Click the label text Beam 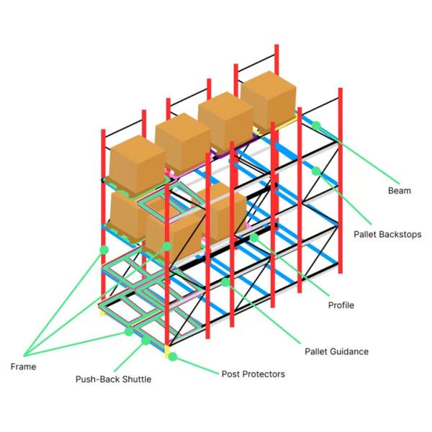399,191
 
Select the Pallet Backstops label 387,235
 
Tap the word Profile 341,305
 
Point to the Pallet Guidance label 336,351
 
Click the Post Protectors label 253,374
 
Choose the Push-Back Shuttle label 113,379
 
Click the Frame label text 23,366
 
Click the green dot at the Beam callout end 316,125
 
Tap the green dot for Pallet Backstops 316,171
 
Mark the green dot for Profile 254,238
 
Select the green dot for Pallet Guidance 225,282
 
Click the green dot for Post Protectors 173,357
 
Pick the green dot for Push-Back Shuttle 145,341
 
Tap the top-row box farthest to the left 137,164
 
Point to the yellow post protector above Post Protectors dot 167,351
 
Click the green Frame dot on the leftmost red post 104,250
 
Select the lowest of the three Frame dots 129,332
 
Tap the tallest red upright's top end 276,45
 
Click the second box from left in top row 183,142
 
